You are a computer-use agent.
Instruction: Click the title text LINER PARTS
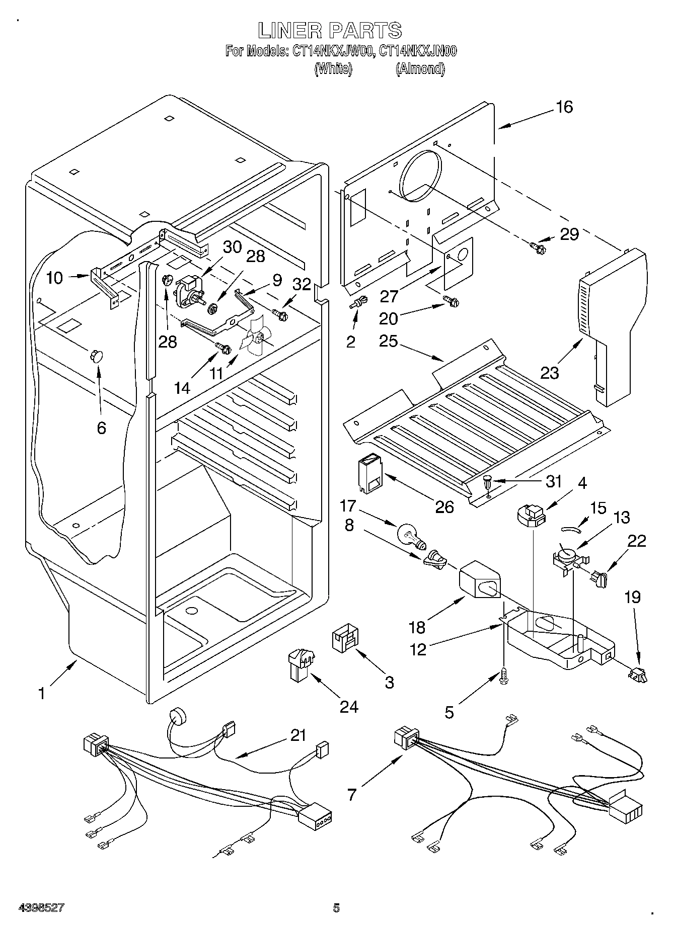(330, 31)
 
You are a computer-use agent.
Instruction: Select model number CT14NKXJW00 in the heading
(329, 51)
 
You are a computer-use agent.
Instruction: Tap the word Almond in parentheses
(420, 69)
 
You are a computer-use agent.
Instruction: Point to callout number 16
(564, 107)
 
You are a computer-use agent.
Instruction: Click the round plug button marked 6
(96, 356)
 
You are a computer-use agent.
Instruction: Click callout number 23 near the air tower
(550, 373)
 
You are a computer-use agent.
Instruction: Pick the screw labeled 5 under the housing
(503, 677)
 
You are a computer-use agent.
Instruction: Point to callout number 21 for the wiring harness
(298, 735)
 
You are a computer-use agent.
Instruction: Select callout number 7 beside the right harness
(352, 795)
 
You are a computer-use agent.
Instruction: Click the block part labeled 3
(345, 640)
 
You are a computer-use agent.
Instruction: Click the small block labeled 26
(370, 471)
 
